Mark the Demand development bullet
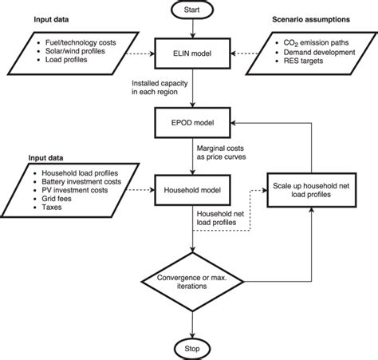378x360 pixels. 307,51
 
